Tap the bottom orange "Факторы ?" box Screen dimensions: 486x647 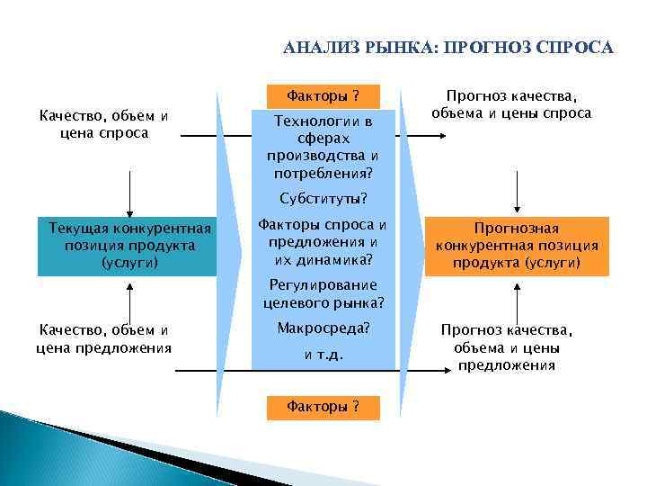[x=323, y=407]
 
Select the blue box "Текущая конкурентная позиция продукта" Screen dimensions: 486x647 [x=128, y=246]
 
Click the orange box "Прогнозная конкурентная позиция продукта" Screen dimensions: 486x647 [x=517, y=246]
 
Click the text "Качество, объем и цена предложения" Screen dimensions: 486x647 [x=104, y=339]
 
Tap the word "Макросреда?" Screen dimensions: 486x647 [x=323, y=328]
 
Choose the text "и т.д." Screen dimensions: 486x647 [x=323, y=355]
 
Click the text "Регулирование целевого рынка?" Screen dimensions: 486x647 [x=323, y=293]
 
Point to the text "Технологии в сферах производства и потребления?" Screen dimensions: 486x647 [x=323, y=146]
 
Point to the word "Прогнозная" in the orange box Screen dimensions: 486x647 [x=517, y=229]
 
